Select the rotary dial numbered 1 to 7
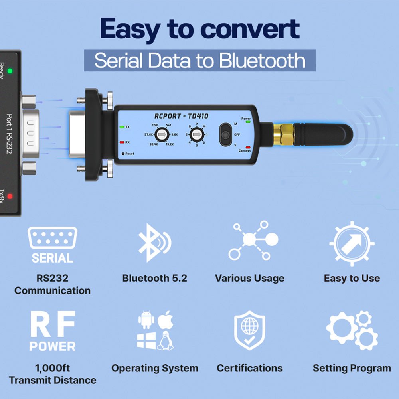[x=196, y=135]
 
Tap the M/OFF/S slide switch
[x=226, y=134]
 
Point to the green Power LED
[x=247, y=122]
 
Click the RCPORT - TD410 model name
[x=181, y=116]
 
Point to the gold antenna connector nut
[x=283, y=135]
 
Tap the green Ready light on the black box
[x=10, y=71]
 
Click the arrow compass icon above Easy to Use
[x=352, y=243]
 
